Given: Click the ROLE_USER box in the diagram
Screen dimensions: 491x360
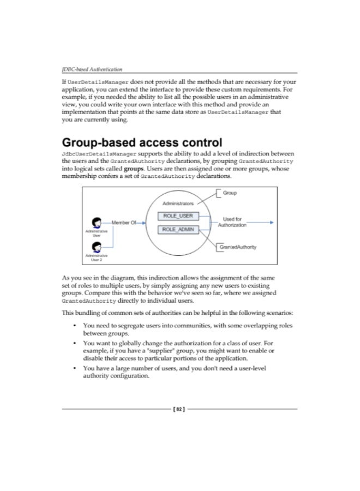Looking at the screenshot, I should pyautogui.click(x=178, y=216).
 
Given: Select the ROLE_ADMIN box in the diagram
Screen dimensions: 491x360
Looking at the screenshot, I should pyautogui.click(x=178, y=230).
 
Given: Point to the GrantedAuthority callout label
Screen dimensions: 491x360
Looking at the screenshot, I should pyautogui.click(x=238, y=247).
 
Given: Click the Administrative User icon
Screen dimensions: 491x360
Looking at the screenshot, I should pyautogui.click(x=97, y=223).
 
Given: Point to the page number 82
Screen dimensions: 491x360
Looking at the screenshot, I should pyautogui.click(x=180, y=408).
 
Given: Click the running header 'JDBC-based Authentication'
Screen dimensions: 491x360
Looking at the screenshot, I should pyautogui.click(x=92, y=69).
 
